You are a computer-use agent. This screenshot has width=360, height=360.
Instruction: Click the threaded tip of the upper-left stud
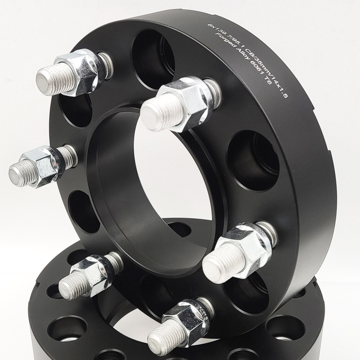[48, 80]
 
